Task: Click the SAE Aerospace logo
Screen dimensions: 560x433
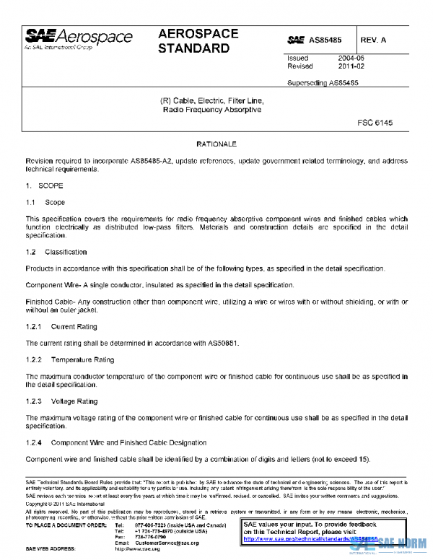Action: [79, 38]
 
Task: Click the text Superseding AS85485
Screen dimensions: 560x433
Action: [323, 83]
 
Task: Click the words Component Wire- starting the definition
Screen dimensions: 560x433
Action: [53, 285]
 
